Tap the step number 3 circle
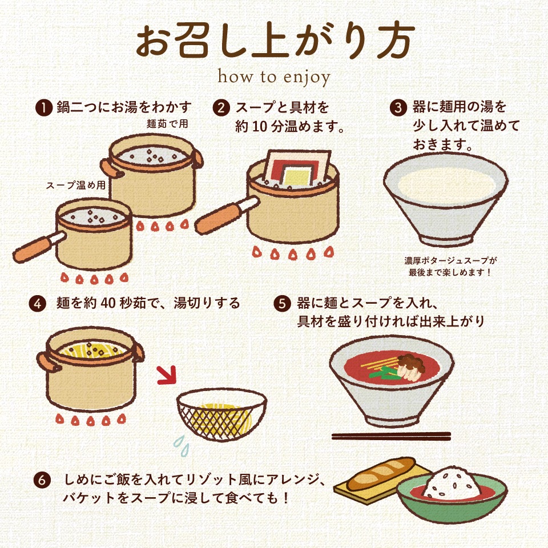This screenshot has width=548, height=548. tap(398, 107)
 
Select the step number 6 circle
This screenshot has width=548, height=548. tap(42, 480)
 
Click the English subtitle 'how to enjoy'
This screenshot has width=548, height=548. tap(273, 77)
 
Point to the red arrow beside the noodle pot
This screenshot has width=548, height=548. tap(167, 375)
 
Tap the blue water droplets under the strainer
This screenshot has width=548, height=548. tap(182, 446)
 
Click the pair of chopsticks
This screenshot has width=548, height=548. tap(391, 436)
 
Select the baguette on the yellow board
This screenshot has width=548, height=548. tap(381, 474)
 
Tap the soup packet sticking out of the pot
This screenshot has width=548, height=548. tap(297, 168)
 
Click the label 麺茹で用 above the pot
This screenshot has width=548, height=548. tap(167, 124)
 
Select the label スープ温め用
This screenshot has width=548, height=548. tap(76, 185)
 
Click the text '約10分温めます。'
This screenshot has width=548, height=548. tap(290, 126)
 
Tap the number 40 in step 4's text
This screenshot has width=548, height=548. tap(108, 303)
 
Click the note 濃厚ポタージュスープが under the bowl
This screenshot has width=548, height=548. tap(450, 260)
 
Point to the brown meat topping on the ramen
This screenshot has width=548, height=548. tap(412, 363)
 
